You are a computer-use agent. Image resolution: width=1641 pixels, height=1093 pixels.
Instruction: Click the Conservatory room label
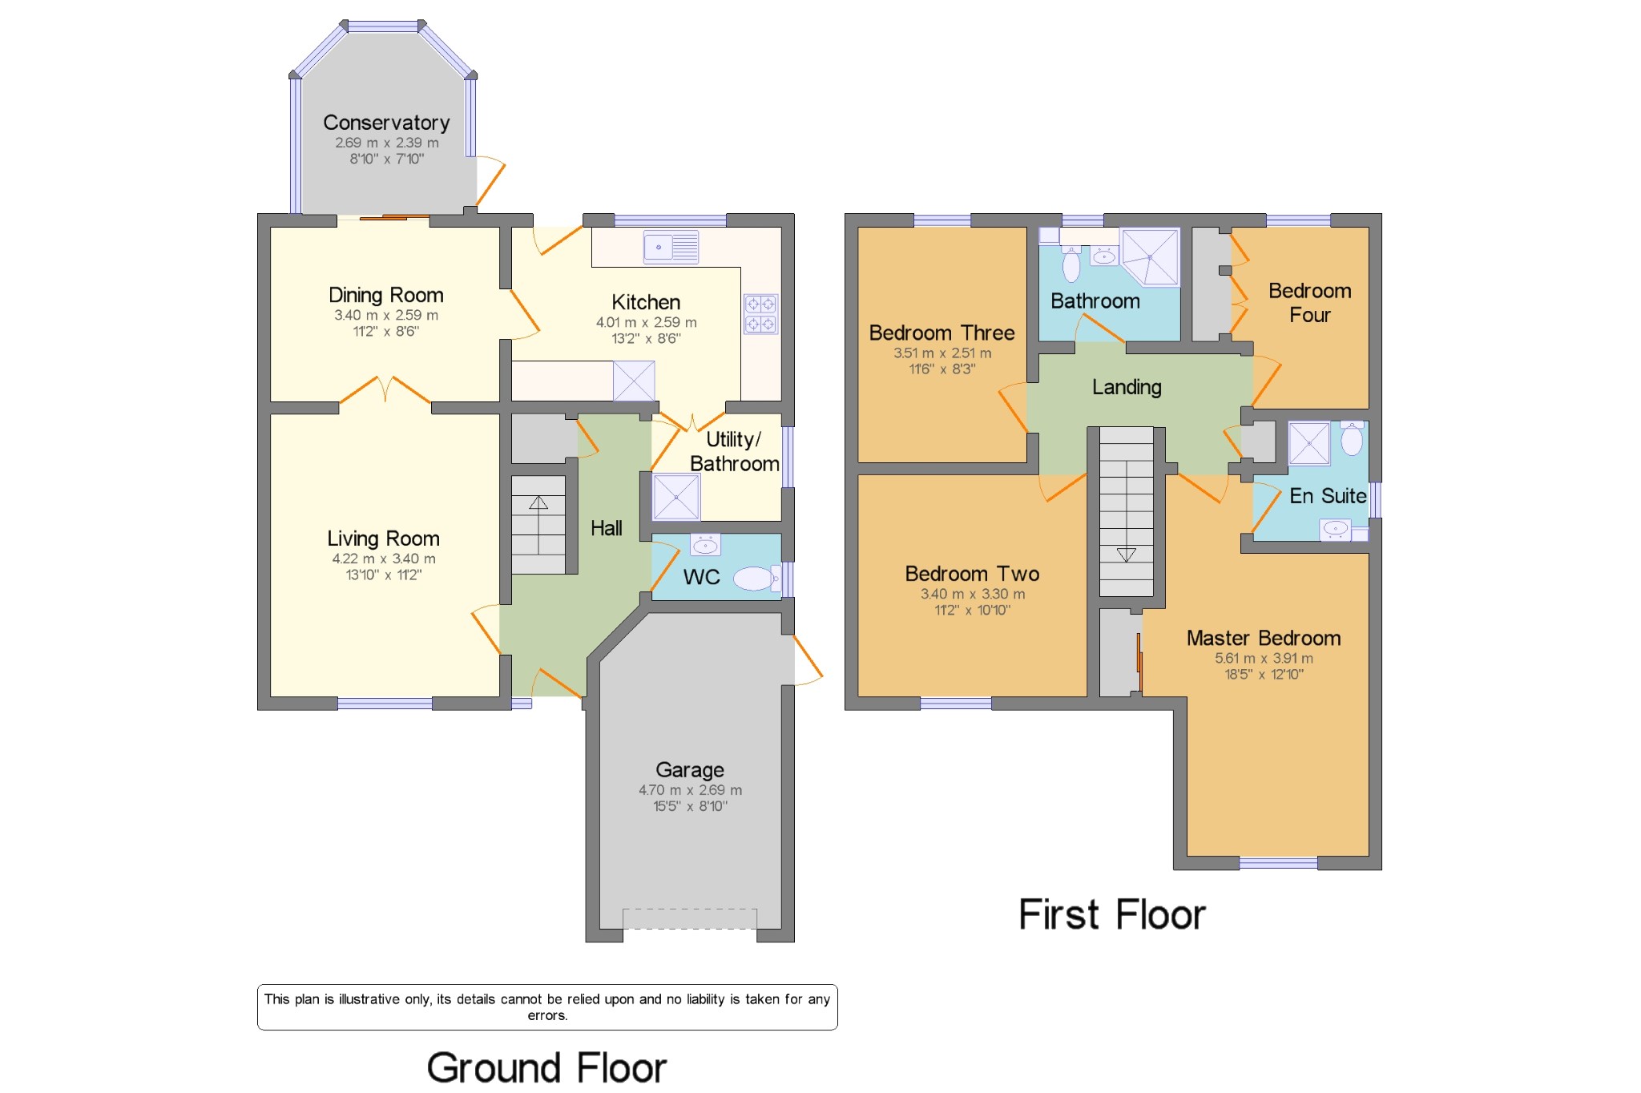(386, 123)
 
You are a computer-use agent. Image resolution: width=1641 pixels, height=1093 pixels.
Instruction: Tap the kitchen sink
(671, 247)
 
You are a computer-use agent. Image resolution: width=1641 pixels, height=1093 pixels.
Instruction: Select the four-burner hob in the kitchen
(760, 314)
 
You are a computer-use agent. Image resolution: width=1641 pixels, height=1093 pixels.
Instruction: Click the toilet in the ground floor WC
(756, 578)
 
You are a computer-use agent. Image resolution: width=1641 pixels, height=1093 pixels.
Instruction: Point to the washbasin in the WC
(705, 545)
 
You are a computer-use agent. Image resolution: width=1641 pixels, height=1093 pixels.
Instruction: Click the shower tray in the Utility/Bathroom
(676, 497)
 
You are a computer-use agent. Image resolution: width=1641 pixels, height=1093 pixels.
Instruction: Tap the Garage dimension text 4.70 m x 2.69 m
(690, 790)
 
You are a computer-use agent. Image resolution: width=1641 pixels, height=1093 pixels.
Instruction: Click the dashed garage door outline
(690, 918)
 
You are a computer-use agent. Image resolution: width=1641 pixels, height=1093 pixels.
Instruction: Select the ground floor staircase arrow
(538, 502)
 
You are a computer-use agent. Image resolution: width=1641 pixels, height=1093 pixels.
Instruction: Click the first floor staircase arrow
(1126, 554)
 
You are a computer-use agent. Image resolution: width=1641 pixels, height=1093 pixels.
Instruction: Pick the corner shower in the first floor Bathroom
(1151, 256)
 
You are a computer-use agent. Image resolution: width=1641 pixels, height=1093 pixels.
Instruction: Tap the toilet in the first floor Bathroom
(1071, 263)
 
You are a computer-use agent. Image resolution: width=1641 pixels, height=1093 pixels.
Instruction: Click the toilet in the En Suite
(1352, 438)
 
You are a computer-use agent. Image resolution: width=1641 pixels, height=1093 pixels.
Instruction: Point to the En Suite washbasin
(1335, 529)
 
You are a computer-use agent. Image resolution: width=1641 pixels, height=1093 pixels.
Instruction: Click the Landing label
(1127, 387)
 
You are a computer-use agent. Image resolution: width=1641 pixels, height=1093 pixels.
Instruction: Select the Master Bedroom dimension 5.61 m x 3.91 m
(1264, 659)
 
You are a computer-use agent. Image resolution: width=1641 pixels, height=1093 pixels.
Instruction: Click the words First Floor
(1112, 914)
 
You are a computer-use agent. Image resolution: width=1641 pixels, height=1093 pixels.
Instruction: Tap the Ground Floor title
(547, 1068)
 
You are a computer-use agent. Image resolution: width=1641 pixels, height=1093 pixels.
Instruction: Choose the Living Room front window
(385, 704)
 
